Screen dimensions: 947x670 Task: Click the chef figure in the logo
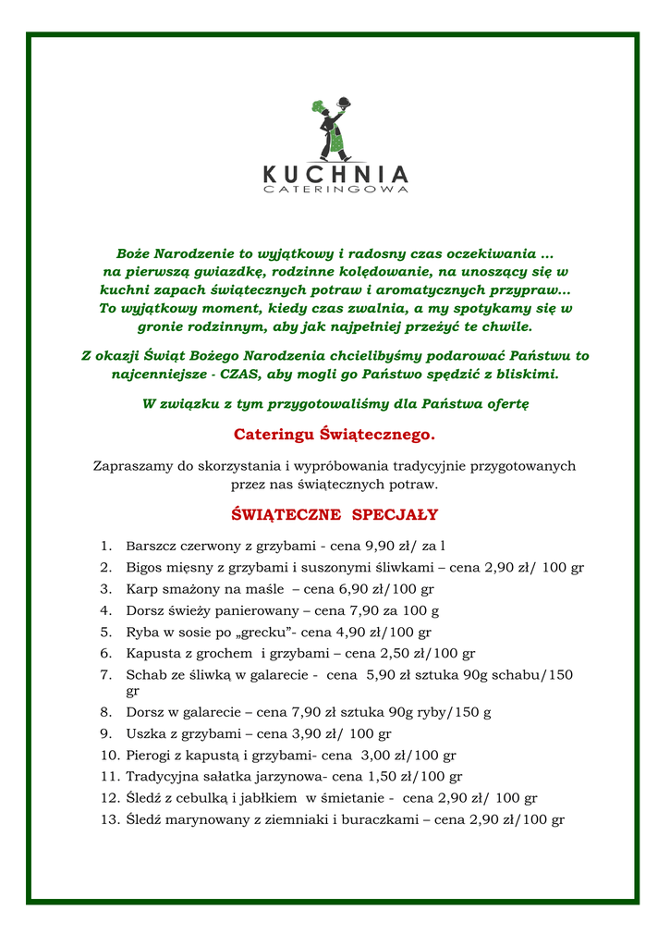point(333,129)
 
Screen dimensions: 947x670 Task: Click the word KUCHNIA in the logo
point(335,174)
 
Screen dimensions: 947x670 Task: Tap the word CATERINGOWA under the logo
point(335,190)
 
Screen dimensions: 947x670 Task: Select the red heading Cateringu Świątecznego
point(334,434)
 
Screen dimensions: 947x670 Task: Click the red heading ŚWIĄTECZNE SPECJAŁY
point(334,514)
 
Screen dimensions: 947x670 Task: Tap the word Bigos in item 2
point(145,567)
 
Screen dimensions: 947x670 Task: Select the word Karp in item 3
point(142,588)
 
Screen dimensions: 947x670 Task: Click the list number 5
point(106,633)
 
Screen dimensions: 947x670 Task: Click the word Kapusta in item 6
point(152,654)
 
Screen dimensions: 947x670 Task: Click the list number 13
point(109,819)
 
